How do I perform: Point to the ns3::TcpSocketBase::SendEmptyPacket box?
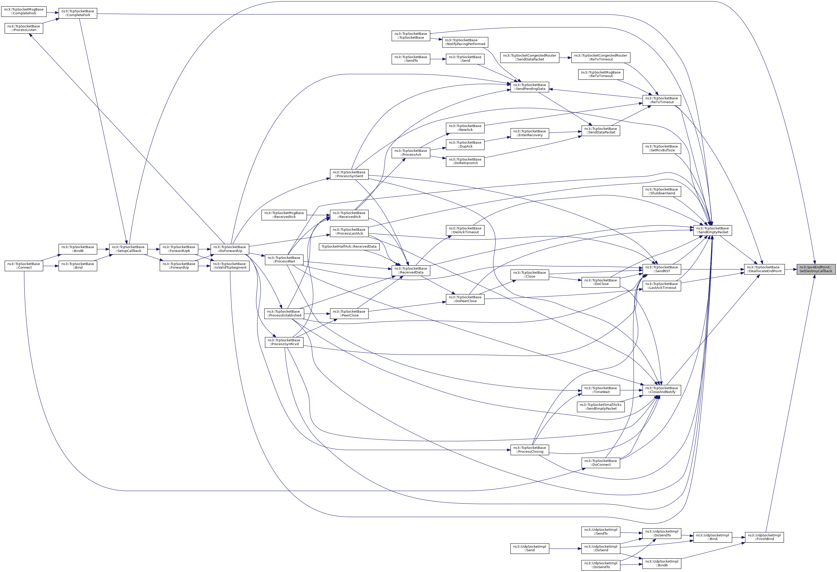[712, 230]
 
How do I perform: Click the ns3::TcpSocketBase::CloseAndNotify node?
[662, 390]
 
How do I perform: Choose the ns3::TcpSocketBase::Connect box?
[24, 266]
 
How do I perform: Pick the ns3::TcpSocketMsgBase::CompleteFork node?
[24, 11]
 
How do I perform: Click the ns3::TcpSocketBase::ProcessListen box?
[24, 28]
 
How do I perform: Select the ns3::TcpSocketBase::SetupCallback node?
[128, 249]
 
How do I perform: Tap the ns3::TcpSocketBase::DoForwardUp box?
[229, 249]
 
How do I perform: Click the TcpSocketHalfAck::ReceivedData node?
[349, 247]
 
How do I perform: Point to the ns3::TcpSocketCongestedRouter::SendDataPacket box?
[529, 57]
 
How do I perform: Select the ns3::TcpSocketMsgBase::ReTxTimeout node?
[600, 74]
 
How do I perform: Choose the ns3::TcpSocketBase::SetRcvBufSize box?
[662, 148]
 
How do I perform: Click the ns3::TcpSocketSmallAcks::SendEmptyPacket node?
[600, 406]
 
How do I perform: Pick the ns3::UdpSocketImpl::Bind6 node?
[662, 563]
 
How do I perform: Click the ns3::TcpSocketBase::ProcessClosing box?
[529, 450]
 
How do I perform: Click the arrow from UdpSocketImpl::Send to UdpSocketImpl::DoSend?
[565, 549]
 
